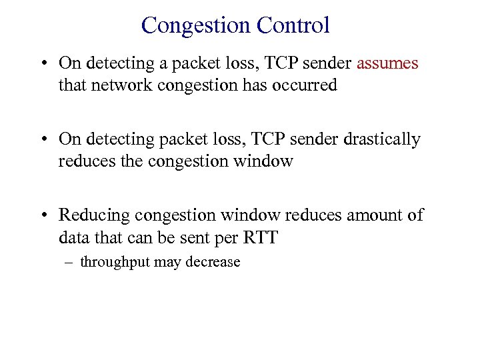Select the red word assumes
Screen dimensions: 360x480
(x=388, y=64)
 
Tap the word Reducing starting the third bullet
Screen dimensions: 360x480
(x=94, y=215)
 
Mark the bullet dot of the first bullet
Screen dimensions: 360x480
(x=43, y=65)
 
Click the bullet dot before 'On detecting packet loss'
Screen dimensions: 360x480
(x=43, y=140)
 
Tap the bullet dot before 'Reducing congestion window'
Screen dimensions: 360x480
(x=43, y=216)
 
